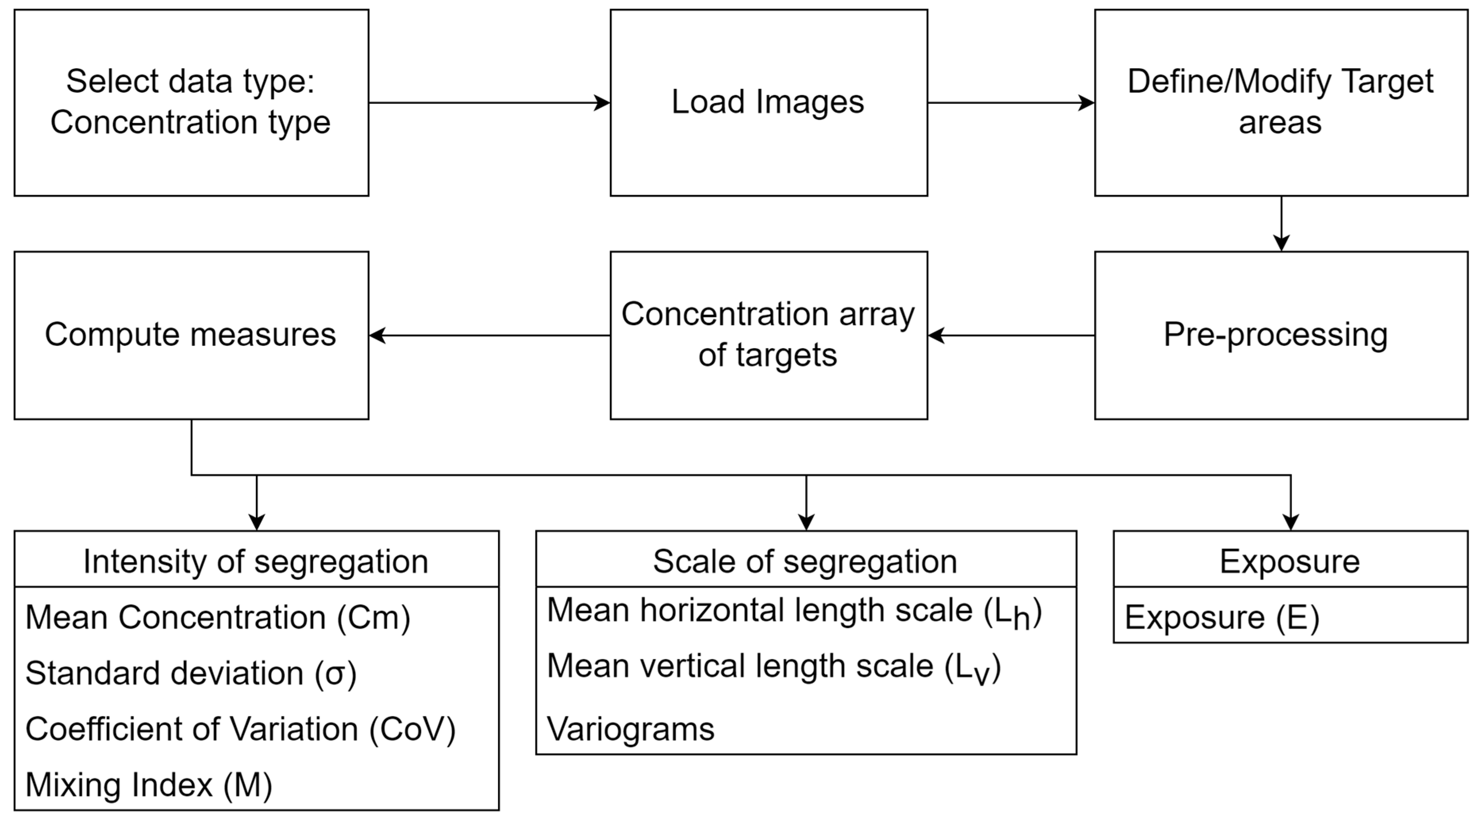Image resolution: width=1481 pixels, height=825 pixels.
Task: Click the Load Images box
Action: click(768, 102)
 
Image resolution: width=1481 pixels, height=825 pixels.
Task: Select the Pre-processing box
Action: click(1280, 335)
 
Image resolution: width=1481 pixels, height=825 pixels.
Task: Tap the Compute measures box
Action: click(191, 335)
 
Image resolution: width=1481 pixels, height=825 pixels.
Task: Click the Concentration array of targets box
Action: click(768, 335)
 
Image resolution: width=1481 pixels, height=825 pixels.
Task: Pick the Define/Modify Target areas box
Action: click(1280, 102)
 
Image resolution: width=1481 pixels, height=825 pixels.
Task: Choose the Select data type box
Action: click(191, 102)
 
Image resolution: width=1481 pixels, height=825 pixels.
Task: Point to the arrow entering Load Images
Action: click(489, 103)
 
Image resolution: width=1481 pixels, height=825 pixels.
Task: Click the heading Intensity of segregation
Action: click(256, 561)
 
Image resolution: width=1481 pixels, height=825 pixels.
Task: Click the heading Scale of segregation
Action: click(805, 561)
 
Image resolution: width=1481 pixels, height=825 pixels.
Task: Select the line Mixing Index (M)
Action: click(148, 785)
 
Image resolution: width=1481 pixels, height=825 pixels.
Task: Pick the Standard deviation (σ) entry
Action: click(191, 673)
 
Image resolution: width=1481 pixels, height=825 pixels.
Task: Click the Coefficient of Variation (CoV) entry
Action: click(240, 729)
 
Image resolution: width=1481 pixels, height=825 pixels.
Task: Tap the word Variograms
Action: click(630, 729)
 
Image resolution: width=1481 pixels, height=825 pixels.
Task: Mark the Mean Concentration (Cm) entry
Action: click(217, 618)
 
